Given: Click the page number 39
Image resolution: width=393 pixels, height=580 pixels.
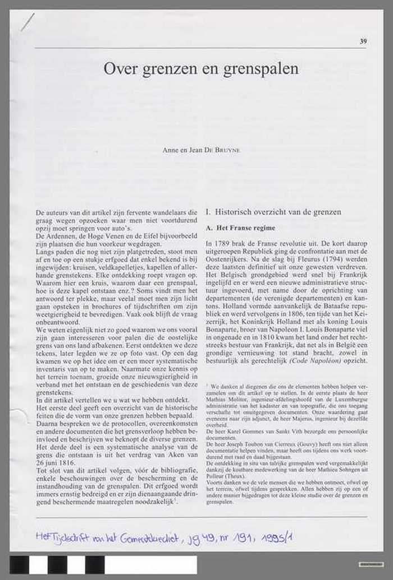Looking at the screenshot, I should [363, 41].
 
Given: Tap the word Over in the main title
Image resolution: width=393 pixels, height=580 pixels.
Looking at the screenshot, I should [118, 69].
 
